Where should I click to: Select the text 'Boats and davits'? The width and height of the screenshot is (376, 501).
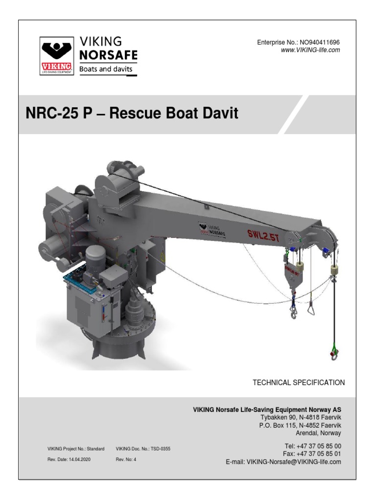coord(106,69)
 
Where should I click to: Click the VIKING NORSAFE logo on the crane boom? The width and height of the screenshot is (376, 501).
coord(212,229)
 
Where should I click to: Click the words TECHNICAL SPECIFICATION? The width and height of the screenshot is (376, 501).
coord(299,382)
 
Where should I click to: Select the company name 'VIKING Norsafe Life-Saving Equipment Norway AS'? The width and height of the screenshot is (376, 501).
coord(267,410)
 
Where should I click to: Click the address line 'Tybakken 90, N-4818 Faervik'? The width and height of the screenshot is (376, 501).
coord(301,417)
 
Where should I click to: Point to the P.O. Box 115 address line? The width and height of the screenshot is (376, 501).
coord(300,425)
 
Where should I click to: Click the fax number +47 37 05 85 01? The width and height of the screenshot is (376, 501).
coord(320,454)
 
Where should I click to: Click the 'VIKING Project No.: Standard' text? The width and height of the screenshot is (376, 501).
coord(76,448)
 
